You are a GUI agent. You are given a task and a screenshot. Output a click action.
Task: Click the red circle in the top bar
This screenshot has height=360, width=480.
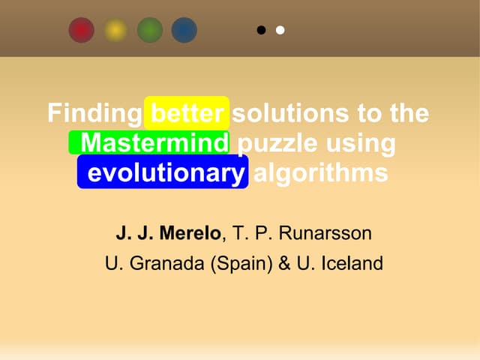click(x=81, y=30)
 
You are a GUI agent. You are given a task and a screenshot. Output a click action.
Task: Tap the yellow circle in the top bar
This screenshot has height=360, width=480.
click(x=115, y=30)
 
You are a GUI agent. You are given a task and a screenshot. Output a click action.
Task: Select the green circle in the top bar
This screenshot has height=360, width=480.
click(x=150, y=30)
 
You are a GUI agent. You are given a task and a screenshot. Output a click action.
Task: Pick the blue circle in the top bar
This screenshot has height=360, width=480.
click(x=184, y=30)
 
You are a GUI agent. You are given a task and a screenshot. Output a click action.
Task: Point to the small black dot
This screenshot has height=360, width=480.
click(x=261, y=31)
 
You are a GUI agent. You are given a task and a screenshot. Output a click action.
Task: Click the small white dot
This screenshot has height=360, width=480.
click(x=280, y=31)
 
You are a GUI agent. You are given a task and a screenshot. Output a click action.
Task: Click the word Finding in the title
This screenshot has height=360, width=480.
click(x=94, y=114)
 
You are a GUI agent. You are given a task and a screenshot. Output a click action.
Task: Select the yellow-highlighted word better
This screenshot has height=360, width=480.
click(x=187, y=114)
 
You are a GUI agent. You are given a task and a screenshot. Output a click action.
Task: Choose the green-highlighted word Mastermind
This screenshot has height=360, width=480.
click(x=154, y=142)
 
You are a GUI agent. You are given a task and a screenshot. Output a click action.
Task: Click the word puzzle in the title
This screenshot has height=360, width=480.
click(x=274, y=142)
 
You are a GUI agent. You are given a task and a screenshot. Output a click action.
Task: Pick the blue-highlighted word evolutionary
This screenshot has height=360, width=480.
click(x=163, y=173)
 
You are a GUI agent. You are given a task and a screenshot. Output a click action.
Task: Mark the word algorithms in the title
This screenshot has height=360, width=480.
click(x=321, y=173)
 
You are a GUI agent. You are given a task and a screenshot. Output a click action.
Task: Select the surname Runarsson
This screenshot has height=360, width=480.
click(x=324, y=233)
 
